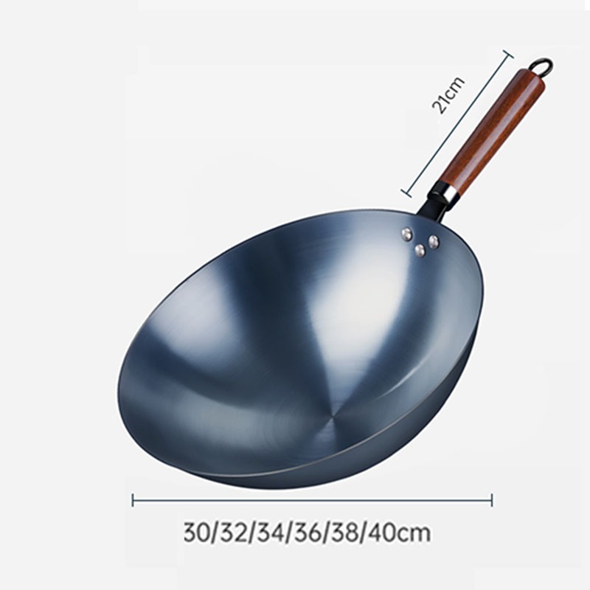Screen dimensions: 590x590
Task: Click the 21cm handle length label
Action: tap(448, 95)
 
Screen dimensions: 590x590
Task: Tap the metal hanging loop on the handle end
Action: tap(544, 65)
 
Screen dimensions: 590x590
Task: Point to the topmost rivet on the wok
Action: tap(406, 234)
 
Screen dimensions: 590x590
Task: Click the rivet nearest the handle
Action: tap(434, 241)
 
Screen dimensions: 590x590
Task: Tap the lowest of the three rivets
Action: tap(420, 250)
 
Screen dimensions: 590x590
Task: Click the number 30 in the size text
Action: tap(196, 532)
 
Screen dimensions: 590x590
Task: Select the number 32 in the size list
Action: tap(232, 532)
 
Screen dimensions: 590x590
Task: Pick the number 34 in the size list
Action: tap(269, 532)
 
